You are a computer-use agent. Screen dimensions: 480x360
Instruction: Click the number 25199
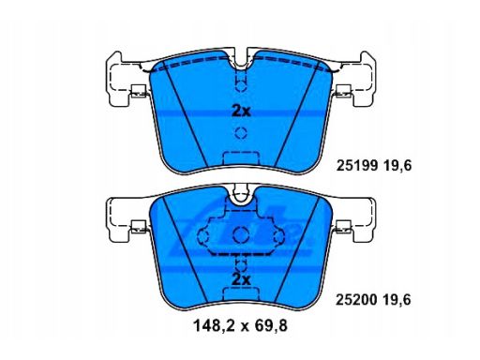click(x=357, y=165)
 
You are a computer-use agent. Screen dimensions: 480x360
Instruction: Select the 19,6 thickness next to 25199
click(x=397, y=166)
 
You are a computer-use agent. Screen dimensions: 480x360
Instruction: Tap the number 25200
click(x=356, y=300)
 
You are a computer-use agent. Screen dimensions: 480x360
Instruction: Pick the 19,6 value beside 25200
click(x=397, y=301)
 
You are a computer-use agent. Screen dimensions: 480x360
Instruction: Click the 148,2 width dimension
click(x=214, y=326)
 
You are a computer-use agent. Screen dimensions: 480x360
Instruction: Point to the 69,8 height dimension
click(x=271, y=326)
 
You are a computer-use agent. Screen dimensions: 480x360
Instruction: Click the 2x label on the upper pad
click(x=241, y=111)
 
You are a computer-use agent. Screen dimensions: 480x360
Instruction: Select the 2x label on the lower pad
click(x=241, y=280)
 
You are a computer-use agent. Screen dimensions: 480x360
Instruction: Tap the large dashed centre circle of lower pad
click(x=241, y=234)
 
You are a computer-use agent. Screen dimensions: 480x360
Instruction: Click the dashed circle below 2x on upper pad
click(x=241, y=133)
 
